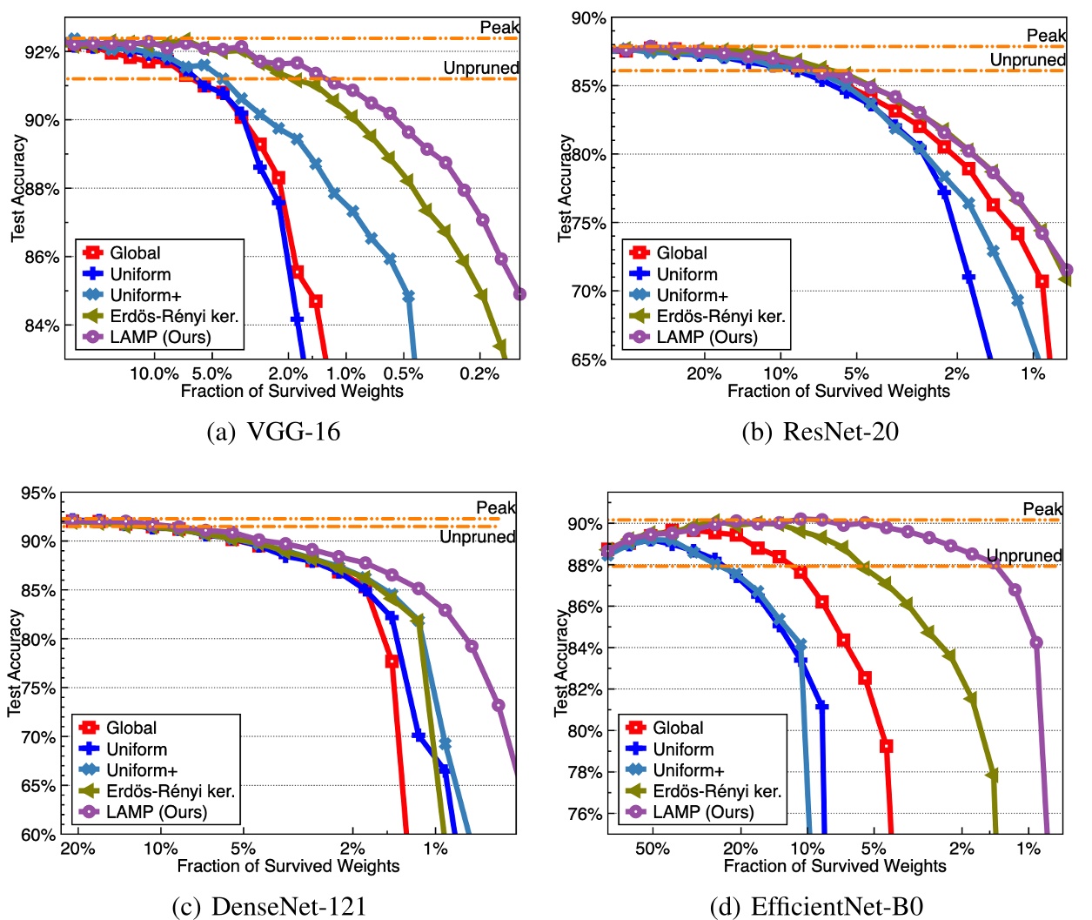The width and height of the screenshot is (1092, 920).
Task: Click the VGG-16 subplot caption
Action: point(273,432)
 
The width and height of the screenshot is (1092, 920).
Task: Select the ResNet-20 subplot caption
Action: point(820,432)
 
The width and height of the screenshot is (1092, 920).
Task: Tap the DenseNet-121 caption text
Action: point(269,906)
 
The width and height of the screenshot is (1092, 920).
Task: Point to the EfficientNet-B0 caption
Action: point(816,906)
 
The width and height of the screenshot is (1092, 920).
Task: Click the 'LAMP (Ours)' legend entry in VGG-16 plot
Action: point(160,337)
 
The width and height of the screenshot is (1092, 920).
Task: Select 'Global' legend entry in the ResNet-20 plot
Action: point(681,252)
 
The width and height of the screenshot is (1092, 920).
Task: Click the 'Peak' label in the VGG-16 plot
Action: point(499,27)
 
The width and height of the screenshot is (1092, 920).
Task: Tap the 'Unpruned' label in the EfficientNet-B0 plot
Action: point(1024,555)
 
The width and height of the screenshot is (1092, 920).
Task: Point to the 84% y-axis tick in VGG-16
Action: point(43,326)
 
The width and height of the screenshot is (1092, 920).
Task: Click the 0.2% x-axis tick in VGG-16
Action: point(479,374)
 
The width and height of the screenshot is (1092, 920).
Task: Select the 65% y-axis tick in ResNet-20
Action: point(589,359)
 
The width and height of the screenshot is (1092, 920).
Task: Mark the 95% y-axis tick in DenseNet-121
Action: point(39,494)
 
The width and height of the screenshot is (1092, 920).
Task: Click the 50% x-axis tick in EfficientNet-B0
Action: point(653,849)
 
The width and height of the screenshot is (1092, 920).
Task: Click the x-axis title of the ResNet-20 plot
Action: point(838,391)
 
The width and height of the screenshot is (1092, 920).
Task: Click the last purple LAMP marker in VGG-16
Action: point(519,294)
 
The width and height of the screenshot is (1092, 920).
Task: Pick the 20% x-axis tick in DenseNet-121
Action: point(77,849)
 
